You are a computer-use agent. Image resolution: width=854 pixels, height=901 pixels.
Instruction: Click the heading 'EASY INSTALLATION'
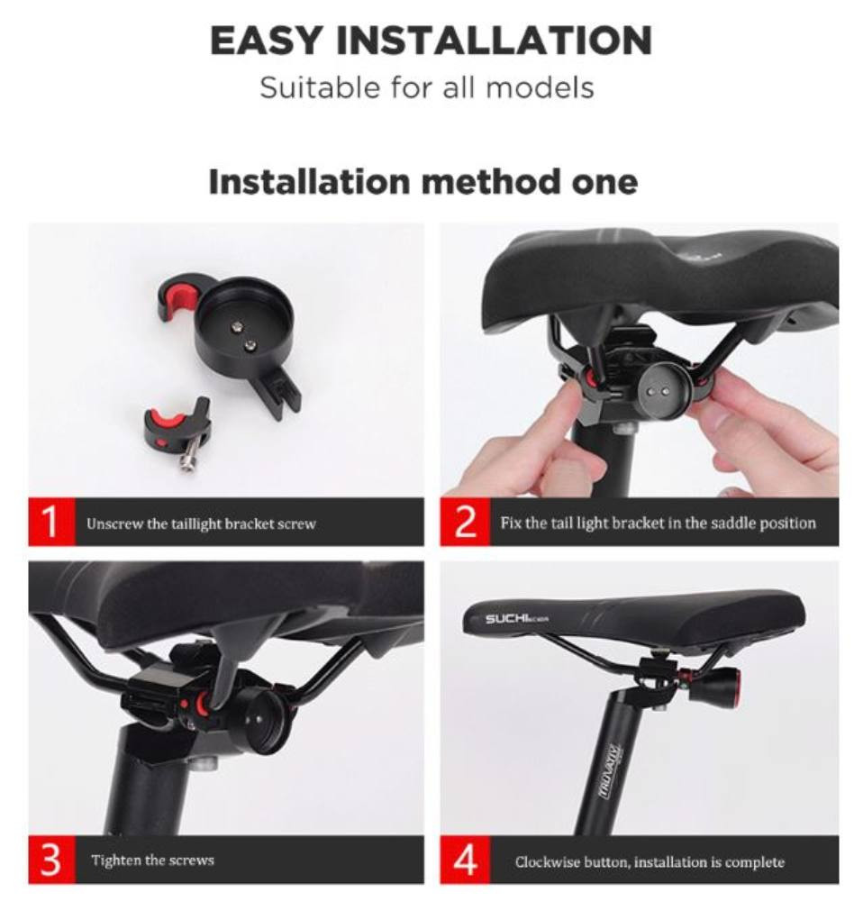coord(431,41)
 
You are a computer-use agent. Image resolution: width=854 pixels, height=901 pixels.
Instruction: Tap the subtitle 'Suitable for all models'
coord(426,88)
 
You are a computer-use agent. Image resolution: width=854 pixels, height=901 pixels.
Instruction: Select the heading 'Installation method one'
coord(423,182)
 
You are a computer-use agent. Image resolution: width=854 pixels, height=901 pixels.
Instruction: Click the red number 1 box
coord(51,522)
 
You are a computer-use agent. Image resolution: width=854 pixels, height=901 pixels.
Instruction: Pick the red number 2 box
coord(465,522)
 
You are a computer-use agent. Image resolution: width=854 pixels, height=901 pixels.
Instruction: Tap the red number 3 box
coord(51,860)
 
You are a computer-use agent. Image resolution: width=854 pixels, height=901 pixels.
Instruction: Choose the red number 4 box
coord(465,860)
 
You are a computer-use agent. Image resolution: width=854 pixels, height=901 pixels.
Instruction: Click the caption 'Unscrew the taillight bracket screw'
coord(201,523)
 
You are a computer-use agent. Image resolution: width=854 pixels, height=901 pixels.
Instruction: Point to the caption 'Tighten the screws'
coord(152,860)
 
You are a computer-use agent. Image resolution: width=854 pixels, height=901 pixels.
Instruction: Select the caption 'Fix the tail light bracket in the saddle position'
coord(658,523)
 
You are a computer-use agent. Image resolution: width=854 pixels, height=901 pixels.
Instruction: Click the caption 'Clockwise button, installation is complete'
coord(650,862)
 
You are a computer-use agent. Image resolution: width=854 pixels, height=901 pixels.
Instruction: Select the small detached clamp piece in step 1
coord(177,430)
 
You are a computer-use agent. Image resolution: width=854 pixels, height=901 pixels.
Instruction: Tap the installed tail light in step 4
coord(703,679)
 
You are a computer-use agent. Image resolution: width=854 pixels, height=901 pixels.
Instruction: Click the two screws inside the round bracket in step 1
coord(242,335)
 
